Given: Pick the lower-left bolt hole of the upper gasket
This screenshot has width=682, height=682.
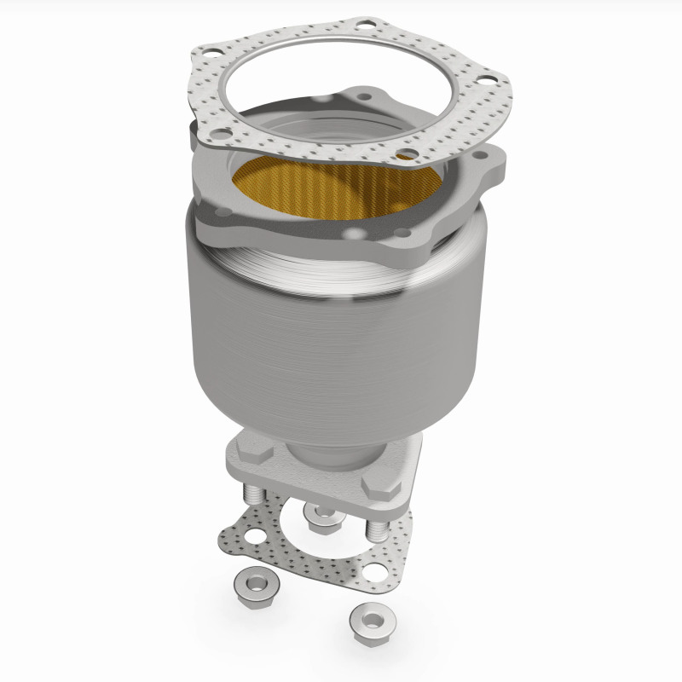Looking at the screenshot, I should point(221,134).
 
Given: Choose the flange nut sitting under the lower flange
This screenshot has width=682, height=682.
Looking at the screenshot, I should point(321,515).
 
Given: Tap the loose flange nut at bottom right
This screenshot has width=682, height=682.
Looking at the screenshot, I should point(370,615).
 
